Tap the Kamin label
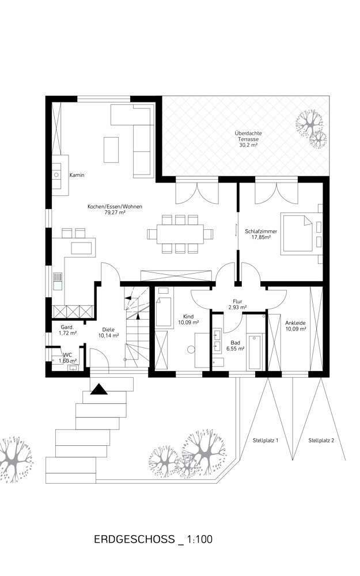click(77, 175)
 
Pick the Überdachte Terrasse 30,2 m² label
click(248, 139)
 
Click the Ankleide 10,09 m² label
click(295, 326)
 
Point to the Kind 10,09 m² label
click(188, 320)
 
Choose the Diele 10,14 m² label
click(108, 332)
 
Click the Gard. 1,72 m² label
click(67, 329)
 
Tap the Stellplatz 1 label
click(266, 440)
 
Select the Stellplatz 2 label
click(321, 440)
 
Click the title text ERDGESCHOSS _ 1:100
click(153, 540)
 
